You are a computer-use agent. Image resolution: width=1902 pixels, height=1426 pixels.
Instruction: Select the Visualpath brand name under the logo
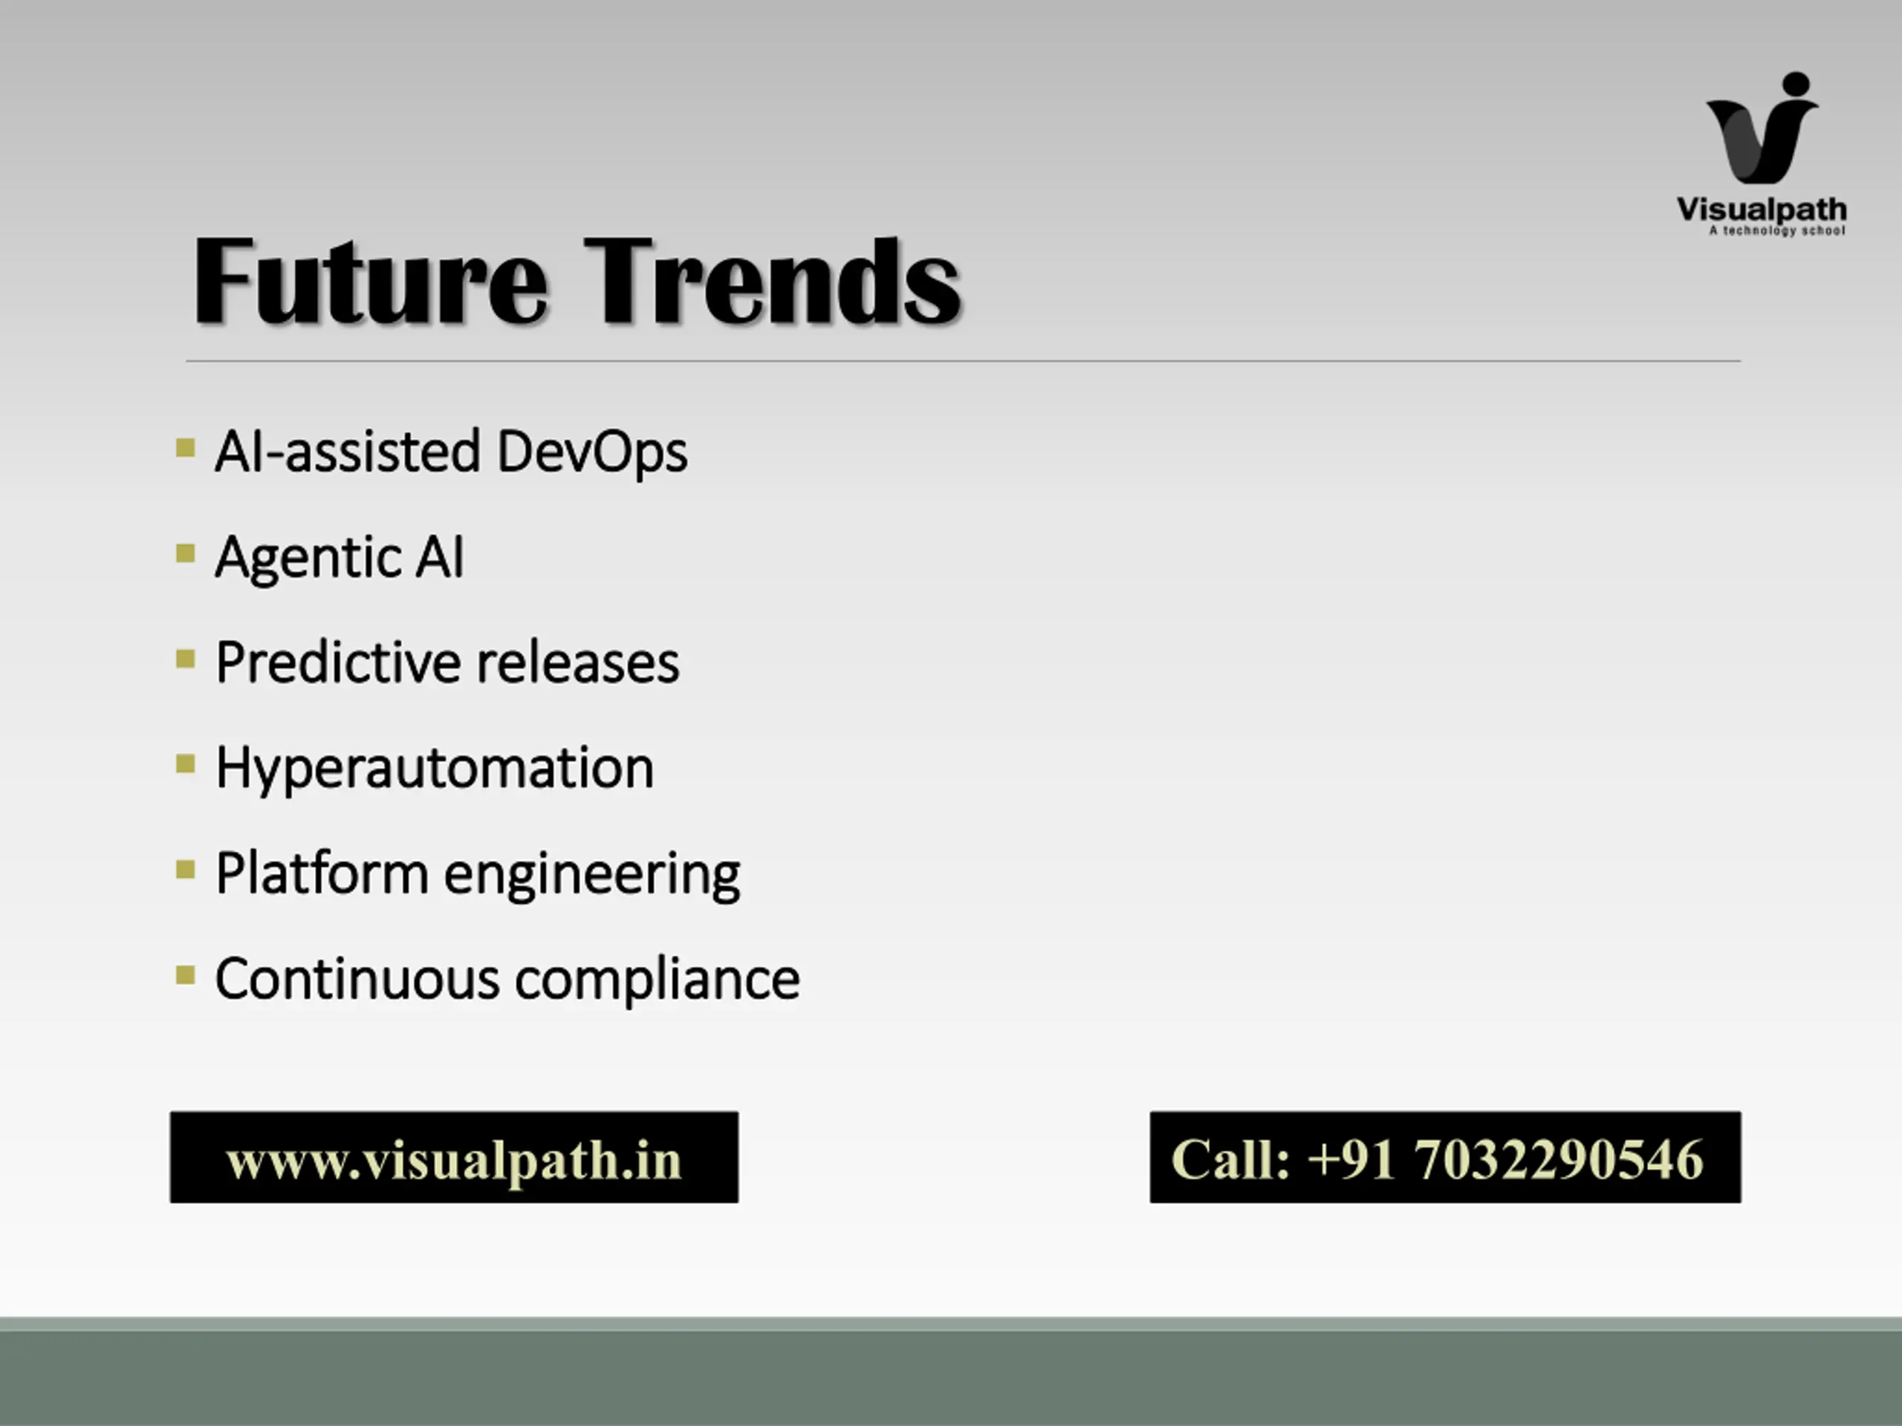click(x=1762, y=209)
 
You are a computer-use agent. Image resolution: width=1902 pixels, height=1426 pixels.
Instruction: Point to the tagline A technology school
click(x=1777, y=230)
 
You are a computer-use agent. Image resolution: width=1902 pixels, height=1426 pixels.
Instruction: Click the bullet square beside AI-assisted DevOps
click(x=185, y=448)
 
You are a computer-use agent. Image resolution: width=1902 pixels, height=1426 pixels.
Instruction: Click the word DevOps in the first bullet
click(x=592, y=452)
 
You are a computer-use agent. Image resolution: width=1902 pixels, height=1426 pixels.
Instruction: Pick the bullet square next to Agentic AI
click(x=185, y=553)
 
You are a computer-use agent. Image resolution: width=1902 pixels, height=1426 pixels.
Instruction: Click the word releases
click(x=578, y=663)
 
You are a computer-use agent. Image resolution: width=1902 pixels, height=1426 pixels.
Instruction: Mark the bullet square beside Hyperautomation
click(x=185, y=764)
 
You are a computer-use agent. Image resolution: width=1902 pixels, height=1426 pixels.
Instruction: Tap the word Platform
click(x=322, y=873)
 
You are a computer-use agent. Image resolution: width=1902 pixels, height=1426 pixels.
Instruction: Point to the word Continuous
click(x=357, y=979)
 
